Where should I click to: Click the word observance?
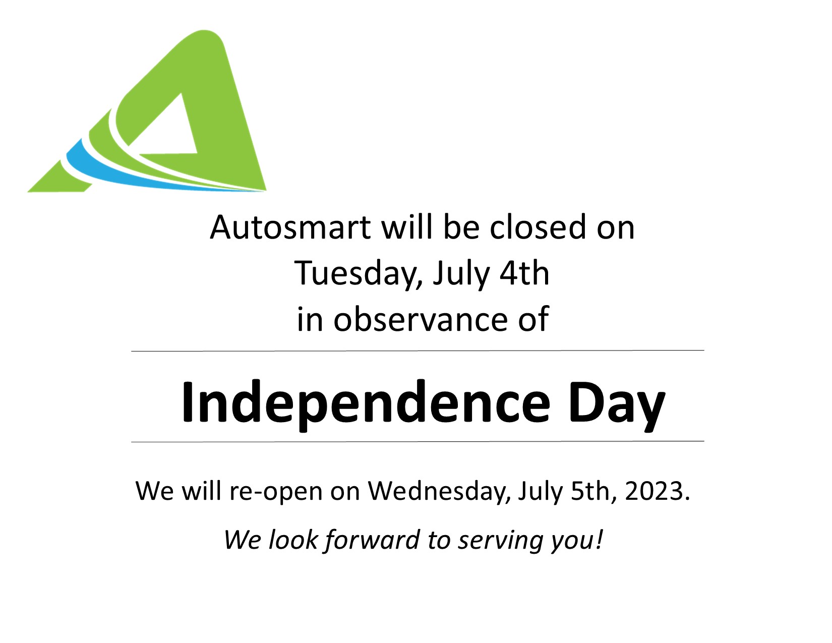(421, 319)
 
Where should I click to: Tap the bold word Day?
(617, 404)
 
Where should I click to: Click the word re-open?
(275, 491)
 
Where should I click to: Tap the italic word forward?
(373, 540)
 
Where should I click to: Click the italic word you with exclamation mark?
(577, 540)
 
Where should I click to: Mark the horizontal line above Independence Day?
(418, 350)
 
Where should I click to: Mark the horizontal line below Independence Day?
(418, 442)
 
